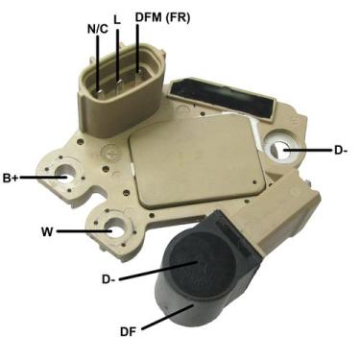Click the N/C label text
click(97, 29)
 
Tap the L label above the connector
click(117, 18)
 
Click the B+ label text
click(12, 178)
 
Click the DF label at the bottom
click(127, 331)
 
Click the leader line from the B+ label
click(43, 178)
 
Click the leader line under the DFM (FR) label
click(139, 48)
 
